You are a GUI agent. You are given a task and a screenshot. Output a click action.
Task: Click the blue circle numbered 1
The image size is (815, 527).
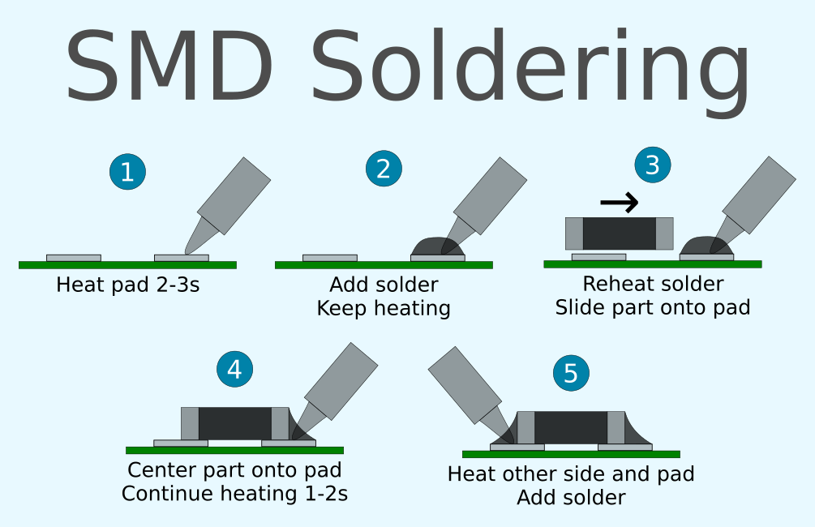[127, 172]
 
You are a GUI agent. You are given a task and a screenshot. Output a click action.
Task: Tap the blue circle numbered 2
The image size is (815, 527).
[384, 169]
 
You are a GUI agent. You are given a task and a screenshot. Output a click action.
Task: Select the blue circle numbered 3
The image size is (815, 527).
[653, 165]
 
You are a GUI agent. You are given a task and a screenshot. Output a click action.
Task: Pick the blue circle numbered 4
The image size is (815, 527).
[234, 369]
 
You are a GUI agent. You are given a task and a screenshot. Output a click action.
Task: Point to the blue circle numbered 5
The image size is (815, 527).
[571, 373]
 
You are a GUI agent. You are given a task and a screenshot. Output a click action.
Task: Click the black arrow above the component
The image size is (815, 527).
[620, 203]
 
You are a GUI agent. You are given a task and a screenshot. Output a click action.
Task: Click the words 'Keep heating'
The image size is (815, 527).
[384, 309]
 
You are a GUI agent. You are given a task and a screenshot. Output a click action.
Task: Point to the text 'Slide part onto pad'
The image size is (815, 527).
[653, 308]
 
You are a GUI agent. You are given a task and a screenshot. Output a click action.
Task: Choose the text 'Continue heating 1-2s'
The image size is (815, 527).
[234, 493]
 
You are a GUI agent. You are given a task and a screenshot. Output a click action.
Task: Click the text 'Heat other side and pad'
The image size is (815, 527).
[571, 473]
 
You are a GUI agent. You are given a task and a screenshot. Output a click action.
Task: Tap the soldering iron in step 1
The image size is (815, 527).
[230, 199]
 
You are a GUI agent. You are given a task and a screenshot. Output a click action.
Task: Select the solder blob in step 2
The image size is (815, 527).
[436, 246]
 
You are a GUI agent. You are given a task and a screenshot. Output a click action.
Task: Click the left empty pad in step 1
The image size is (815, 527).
[74, 258]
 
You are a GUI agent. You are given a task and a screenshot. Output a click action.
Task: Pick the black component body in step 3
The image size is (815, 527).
[619, 234]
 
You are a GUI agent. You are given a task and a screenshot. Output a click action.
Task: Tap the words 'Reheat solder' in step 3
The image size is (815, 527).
[653, 285]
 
